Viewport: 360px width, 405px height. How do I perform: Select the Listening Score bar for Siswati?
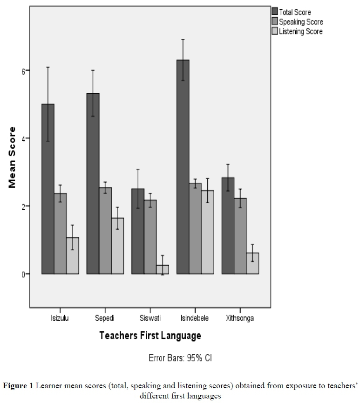pos(162,269)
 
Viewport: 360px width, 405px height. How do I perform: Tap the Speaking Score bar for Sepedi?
pos(105,230)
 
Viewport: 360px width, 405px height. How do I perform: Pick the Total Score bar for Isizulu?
pos(48,189)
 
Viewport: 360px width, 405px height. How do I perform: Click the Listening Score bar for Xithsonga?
pos(252,263)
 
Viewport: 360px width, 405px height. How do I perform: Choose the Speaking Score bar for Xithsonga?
pos(240,236)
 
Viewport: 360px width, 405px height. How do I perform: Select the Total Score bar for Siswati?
pos(138,231)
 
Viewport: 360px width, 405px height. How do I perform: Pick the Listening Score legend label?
pos(300,32)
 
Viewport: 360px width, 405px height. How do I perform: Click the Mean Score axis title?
pos(13,157)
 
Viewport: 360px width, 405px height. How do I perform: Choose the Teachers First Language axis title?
pos(150,336)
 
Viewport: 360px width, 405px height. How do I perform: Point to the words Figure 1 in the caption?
pos(18,386)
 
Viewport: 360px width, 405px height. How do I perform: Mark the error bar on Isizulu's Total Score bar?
pos(48,104)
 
